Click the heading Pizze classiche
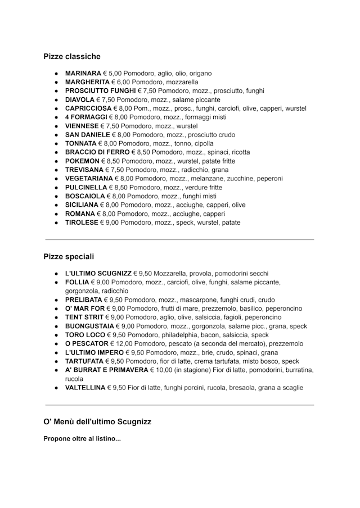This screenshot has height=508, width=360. tap(72, 56)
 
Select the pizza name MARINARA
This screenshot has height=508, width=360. tap(83, 73)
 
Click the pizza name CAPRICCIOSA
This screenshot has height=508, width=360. tap(88, 108)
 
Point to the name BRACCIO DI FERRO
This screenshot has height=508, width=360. tap(97, 152)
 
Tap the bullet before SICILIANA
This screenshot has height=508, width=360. tap(57, 205)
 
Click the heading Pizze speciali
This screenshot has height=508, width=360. tap(69, 256)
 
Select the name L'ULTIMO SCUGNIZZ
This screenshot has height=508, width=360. tap(98, 273)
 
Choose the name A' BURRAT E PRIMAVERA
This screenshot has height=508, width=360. tap(106, 370)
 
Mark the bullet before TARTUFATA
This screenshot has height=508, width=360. tap(57, 361)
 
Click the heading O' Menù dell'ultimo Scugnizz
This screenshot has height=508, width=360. tap(97, 421)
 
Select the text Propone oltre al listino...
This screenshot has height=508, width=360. tap(82, 438)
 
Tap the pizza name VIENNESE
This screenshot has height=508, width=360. tap(82, 126)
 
